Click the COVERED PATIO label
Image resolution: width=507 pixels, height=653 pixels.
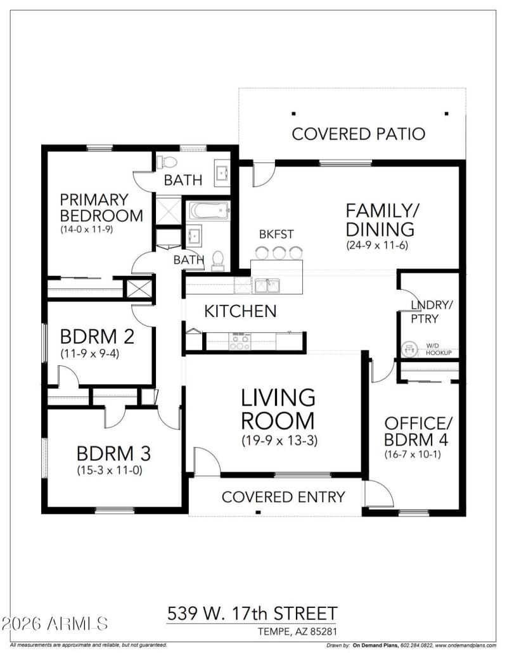tap(358, 134)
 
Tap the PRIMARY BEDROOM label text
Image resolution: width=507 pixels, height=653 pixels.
tap(101, 207)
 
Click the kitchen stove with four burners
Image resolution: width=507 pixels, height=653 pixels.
tap(240, 342)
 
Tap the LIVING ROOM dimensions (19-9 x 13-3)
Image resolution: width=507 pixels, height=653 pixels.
tap(278, 441)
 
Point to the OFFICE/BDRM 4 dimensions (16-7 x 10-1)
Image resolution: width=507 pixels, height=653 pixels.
tap(412, 454)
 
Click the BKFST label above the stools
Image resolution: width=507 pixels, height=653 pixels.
tap(276, 235)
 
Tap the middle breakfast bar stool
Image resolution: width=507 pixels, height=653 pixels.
tap(278, 253)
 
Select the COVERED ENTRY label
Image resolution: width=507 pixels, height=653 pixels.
tap(283, 497)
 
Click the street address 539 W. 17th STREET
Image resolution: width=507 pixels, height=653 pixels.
tap(252, 614)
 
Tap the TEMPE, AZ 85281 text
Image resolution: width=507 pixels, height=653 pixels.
tap(297, 631)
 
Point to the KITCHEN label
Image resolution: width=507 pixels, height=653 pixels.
tap(240, 311)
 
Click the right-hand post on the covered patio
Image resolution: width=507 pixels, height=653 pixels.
tap(447, 114)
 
